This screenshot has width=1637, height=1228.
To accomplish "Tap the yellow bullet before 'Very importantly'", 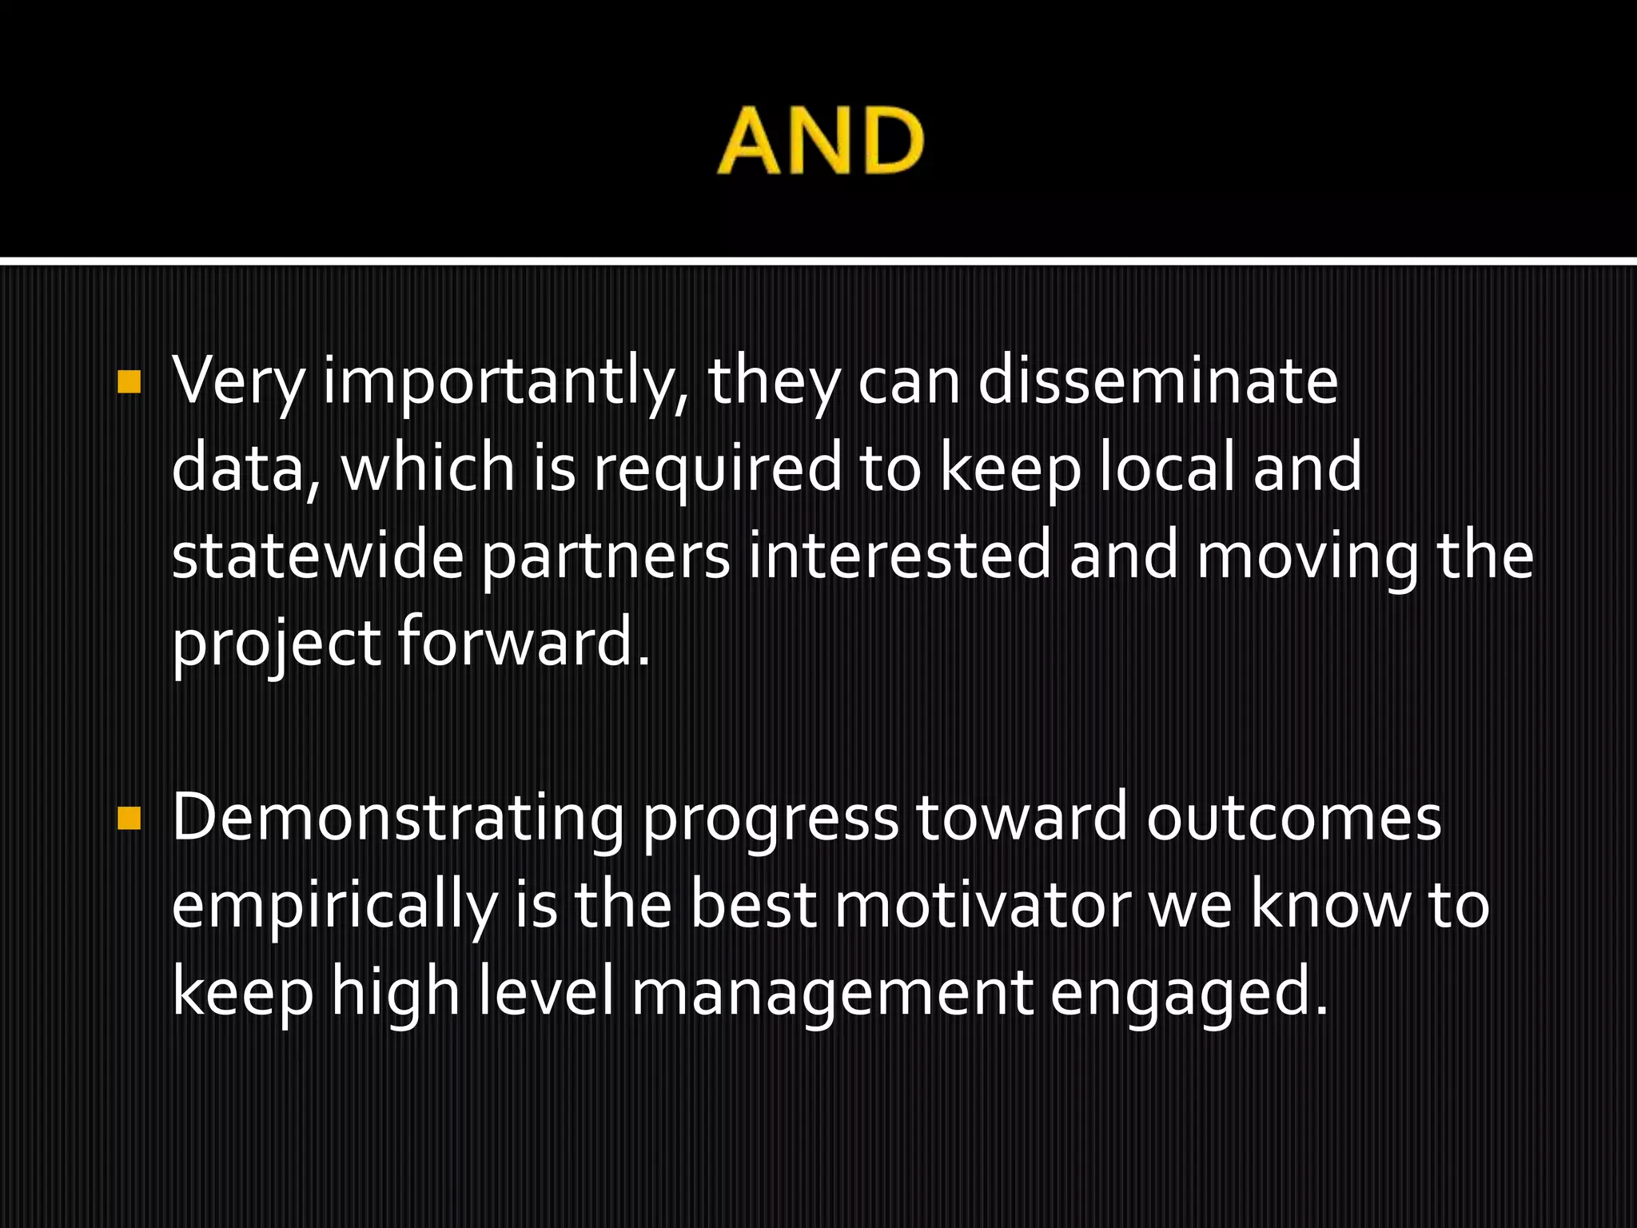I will click(x=129, y=382).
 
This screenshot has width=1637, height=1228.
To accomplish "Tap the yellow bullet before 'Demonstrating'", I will click(x=129, y=819).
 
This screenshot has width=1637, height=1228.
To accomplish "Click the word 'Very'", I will click(x=238, y=382).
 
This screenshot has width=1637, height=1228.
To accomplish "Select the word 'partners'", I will click(x=606, y=558).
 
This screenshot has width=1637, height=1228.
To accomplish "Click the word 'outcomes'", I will click(x=1294, y=819).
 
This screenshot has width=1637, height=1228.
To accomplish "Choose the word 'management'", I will click(x=832, y=995).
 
